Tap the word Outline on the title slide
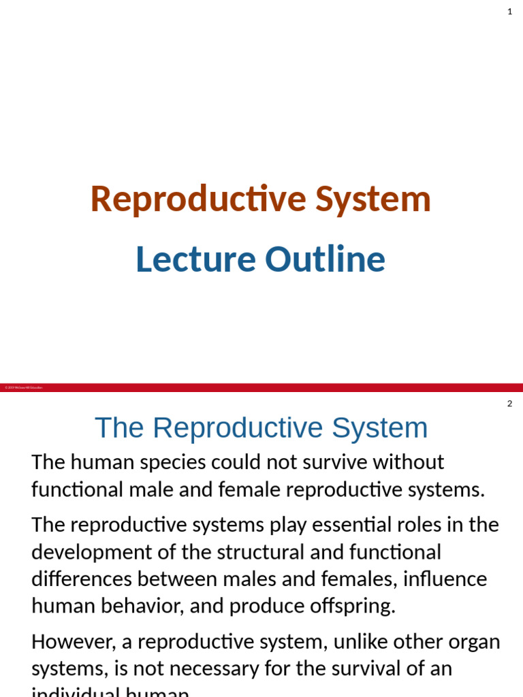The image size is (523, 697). tap(325, 260)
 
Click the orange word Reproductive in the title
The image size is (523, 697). tap(198, 199)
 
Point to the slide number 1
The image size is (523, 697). tap(509, 12)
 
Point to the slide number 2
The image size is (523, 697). tap(509, 404)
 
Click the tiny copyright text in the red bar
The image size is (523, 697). tap(23, 387)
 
